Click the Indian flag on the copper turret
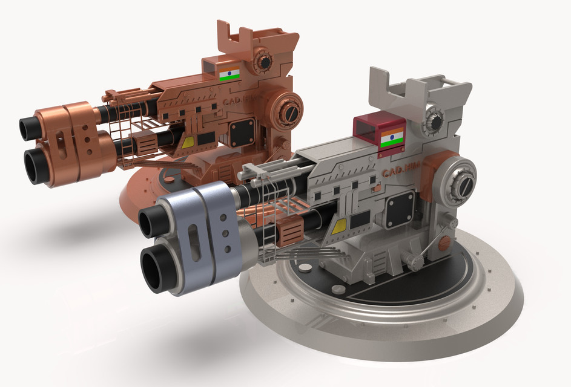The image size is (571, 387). click(x=229, y=74)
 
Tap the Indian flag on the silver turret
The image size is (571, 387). click(x=392, y=138)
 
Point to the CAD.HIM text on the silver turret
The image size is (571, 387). click(x=400, y=174)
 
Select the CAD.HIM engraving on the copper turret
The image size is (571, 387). click(x=237, y=104)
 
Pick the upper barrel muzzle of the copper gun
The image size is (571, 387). click(x=28, y=128)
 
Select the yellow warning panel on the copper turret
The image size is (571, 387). click(x=188, y=142)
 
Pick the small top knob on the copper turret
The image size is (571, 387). click(x=263, y=60)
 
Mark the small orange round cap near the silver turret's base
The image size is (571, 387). click(x=444, y=242)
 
